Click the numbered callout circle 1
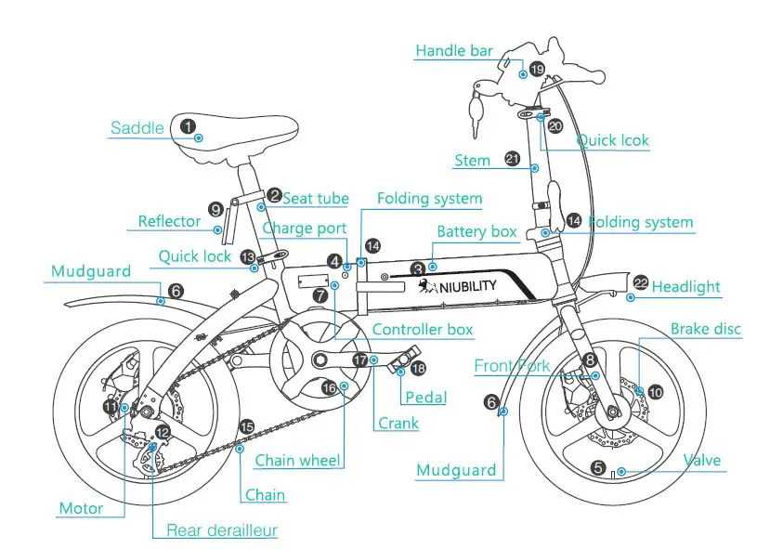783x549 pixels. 189,125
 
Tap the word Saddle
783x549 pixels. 137,128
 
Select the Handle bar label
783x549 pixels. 453,51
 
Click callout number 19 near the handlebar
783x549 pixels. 537,69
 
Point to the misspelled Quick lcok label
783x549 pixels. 612,141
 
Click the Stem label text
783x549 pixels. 472,161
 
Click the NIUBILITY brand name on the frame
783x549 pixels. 462,285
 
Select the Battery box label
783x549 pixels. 476,231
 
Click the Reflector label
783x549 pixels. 169,221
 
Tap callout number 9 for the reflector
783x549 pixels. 215,210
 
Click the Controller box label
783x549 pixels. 423,330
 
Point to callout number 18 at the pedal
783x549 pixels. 418,369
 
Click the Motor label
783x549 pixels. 80,508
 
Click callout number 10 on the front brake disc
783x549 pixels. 656,392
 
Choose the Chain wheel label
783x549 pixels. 297,460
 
